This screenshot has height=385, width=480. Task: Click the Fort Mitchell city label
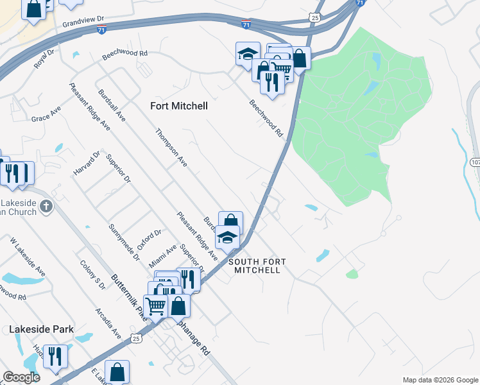tap(178, 106)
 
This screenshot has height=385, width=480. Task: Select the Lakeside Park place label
tap(41, 329)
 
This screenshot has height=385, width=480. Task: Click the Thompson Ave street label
tap(171, 148)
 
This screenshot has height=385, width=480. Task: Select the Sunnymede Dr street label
tap(124, 243)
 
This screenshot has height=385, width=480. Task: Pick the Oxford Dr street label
tap(150, 243)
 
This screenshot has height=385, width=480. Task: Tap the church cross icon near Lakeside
tap(46, 207)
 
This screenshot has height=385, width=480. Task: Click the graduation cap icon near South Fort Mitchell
tap(227, 237)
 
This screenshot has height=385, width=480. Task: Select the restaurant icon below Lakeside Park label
tap(55, 355)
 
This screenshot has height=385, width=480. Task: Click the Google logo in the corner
tap(21, 377)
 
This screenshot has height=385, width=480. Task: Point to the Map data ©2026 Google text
tap(440, 380)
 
